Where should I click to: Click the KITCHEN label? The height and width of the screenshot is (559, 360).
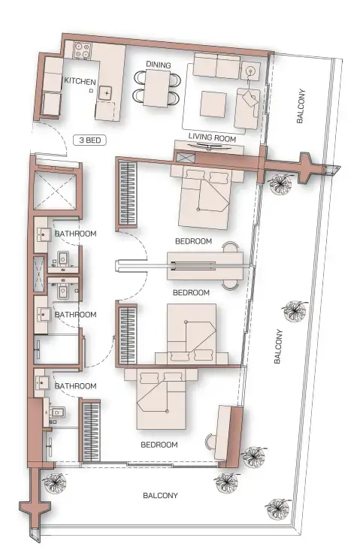80,80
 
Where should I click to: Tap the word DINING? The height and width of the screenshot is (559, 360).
159,65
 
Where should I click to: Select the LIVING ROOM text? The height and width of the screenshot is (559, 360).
212,138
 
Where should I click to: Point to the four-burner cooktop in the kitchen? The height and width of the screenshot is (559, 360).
83,53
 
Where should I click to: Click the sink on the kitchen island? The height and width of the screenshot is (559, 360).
107,92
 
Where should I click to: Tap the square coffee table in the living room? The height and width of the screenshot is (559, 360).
212,102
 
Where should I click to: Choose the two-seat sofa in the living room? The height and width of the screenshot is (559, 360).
216,66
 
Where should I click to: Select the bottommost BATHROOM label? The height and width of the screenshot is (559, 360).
76,387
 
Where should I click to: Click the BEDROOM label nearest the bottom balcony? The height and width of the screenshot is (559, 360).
159,445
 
